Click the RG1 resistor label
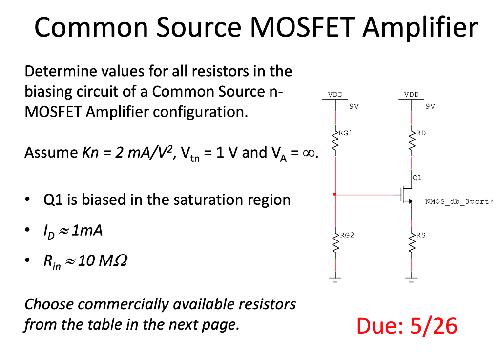pos(345,132)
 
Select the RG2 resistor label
pos(345,235)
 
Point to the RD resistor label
pos(420,132)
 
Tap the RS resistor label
pos(420,235)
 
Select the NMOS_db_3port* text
pos(459,201)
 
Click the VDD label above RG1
pos(335,94)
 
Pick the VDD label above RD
pos(412,94)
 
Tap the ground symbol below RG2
pos(335,280)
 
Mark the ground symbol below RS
pos(412,280)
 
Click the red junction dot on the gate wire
pos(335,194)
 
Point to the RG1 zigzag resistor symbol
pos(335,142)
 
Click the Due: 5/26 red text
pos(407,325)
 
